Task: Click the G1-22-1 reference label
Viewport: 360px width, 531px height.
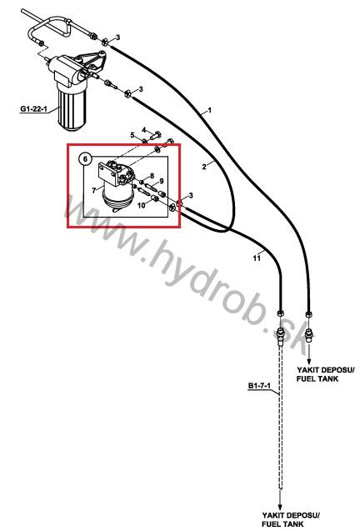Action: tap(34, 109)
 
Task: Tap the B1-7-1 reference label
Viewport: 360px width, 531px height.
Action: tap(259, 385)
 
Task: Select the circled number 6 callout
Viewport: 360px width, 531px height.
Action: tap(85, 158)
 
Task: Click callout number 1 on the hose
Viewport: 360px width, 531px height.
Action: tap(210, 110)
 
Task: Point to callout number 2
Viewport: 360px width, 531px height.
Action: tap(204, 166)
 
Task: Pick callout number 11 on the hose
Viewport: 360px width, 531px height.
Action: tap(257, 258)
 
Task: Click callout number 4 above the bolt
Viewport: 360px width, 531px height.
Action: tap(144, 130)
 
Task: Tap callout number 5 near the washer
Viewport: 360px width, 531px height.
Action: tap(132, 135)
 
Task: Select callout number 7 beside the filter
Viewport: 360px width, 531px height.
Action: tap(94, 191)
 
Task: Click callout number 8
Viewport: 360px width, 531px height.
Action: tap(152, 176)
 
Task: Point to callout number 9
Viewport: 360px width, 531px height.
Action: tap(162, 181)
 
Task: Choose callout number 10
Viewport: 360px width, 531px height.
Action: tap(141, 205)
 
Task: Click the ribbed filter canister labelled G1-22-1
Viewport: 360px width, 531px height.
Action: tap(72, 108)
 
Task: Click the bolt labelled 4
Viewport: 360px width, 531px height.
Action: tap(156, 135)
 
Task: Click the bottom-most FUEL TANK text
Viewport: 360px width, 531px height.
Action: tap(282, 524)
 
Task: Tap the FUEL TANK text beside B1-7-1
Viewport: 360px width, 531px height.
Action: tap(317, 378)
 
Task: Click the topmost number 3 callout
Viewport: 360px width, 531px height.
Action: tap(117, 38)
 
